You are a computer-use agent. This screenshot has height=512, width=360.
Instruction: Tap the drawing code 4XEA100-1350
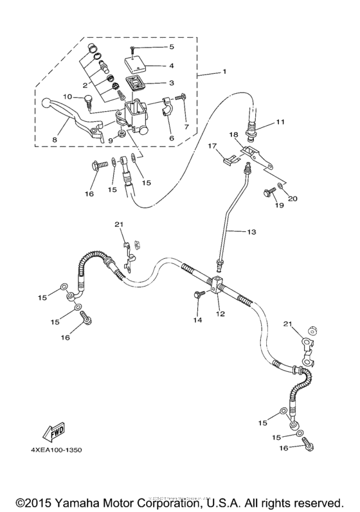click(x=55, y=450)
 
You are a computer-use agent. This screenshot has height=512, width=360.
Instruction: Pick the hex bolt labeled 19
click(x=267, y=191)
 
